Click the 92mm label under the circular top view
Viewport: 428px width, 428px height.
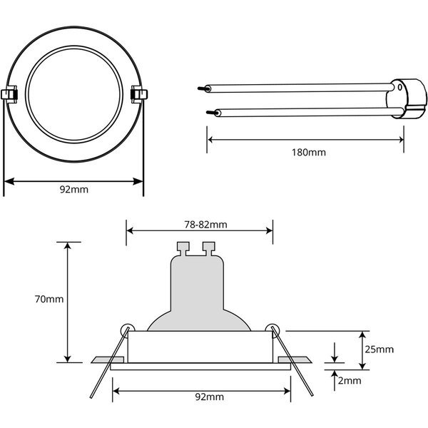(74, 190)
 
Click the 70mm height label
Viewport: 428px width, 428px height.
(48, 299)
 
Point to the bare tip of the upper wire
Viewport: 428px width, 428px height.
(200, 88)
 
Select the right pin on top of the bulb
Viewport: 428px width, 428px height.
(208, 248)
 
